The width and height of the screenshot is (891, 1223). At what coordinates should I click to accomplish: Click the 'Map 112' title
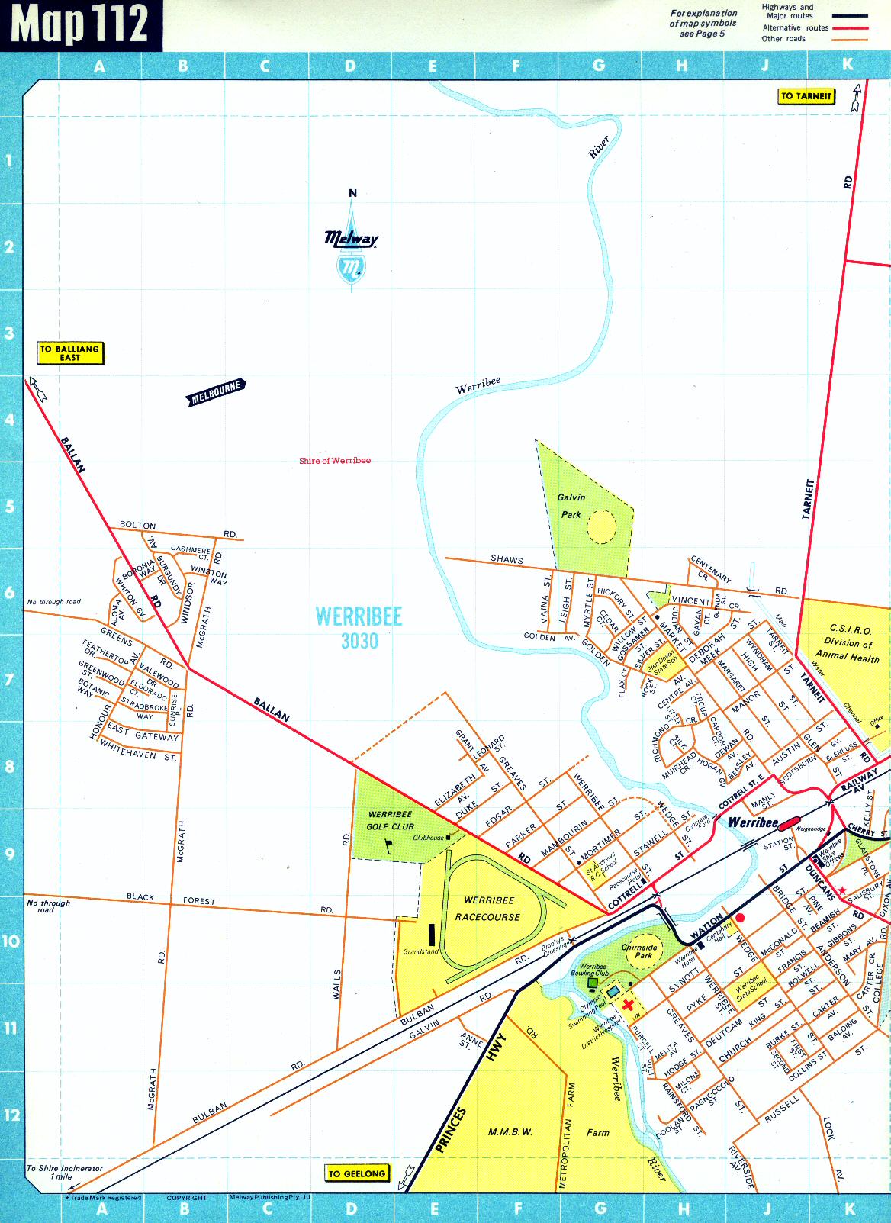coord(80,24)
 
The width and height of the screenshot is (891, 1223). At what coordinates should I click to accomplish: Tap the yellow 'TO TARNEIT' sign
coord(806,96)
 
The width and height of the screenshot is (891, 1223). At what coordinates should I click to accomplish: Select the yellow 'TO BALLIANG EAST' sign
coord(70,352)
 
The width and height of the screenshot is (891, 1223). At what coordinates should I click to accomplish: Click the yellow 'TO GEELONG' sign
coord(356,1173)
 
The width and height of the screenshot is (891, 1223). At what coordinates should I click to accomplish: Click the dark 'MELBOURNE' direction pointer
coord(216,392)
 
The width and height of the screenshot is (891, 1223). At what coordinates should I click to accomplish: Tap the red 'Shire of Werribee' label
coord(335,461)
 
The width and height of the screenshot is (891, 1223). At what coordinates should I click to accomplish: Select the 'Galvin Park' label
coord(571,505)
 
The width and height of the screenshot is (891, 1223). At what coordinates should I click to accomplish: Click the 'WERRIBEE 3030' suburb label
coord(359,628)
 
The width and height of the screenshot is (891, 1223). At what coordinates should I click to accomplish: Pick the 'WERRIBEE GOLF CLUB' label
coord(390,820)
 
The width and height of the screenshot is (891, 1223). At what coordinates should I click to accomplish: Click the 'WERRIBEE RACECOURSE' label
coord(488,909)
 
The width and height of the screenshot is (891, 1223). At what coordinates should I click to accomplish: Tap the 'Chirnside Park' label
coord(639,951)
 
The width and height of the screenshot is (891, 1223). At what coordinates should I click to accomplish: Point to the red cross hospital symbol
coord(628,1005)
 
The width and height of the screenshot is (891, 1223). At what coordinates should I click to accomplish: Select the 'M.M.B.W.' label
coord(510,1131)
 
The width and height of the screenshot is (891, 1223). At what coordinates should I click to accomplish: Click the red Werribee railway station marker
coord(788,822)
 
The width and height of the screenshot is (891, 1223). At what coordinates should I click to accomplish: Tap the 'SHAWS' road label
coord(507,559)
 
